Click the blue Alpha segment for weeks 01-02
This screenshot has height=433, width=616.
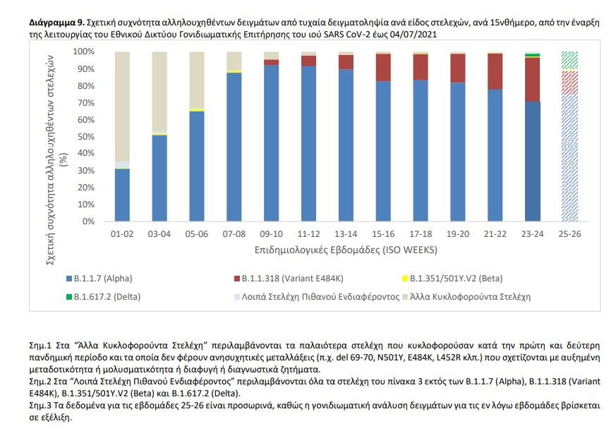pyautogui.click(x=122, y=195)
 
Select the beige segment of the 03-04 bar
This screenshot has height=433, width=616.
pyautogui.click(x=159, y=92)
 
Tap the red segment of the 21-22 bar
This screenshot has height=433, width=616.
pyautogui.click(x=495, y=71)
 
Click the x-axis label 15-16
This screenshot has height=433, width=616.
pyautogui.click(x=382, y=233)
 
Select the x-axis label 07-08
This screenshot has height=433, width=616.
pyautogui.click(x=234, y=233)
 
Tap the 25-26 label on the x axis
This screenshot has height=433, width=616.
pyautogui.click(x=569, y=233)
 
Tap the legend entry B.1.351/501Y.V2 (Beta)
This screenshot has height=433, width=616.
pyautogui.click(x=455, y=278)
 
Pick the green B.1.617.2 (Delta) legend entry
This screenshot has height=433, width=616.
pyautogui.click(x=105, y=296)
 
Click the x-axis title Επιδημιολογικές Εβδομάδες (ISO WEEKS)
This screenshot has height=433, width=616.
pyautogui.click(x=346, y=250)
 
